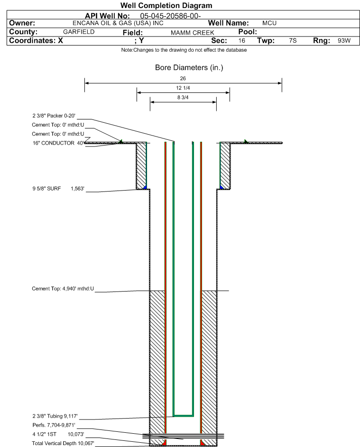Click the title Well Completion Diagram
(166, 5)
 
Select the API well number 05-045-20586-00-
(170, 16)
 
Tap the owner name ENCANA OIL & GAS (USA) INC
(118, 23)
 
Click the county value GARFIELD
(79, 32)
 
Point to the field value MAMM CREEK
(192, 33)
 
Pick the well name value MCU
(269, 23)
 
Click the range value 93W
(344, 40)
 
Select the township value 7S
(293, 40)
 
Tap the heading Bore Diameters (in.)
(189, 68)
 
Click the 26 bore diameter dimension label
(183, 78)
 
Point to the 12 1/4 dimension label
(183, 88)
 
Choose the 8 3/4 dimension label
(183, 97)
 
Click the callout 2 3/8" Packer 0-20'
(54, 116)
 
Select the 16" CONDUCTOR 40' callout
(58, 143)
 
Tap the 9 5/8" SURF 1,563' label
(58, 189)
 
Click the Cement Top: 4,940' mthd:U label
(63, 289)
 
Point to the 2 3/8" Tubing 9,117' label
(55, 416)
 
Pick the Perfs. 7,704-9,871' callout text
(54, 425)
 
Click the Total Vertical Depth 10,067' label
(63, 443)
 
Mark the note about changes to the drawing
(184, 50)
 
